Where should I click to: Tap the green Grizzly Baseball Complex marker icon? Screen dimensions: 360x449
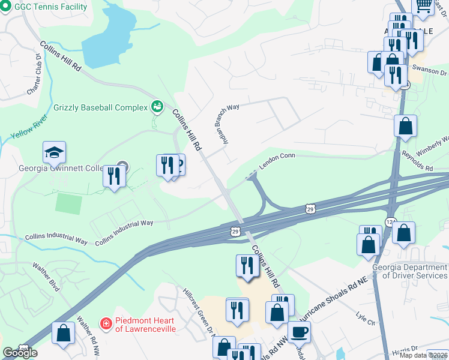point(157,107)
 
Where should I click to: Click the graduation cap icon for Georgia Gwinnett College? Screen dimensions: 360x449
point(55,154)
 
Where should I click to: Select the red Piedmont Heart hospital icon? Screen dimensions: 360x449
point(106,323)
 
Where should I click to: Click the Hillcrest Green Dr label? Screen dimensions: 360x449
point(199,310)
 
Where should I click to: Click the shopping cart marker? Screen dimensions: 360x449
point(423,5)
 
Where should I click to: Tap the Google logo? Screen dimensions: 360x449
point(20,353)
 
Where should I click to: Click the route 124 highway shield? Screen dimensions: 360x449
point(390,221)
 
